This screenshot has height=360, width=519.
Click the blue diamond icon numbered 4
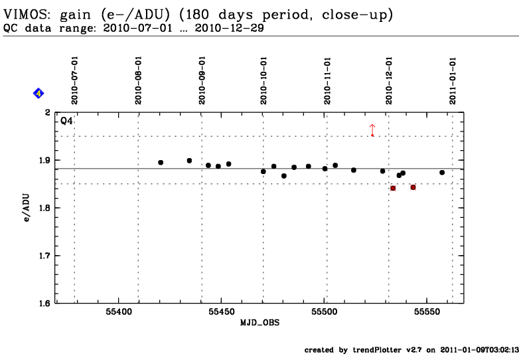click(38, 94)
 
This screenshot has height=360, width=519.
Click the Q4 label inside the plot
click(66, 121)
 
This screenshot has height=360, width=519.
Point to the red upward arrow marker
click(372, 130)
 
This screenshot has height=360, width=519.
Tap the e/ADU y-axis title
click(26, 208)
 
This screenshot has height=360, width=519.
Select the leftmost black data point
click(161, 163)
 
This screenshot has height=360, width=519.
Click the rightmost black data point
click(442, 173)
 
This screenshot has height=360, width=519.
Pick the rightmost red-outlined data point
click(413, 187)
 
